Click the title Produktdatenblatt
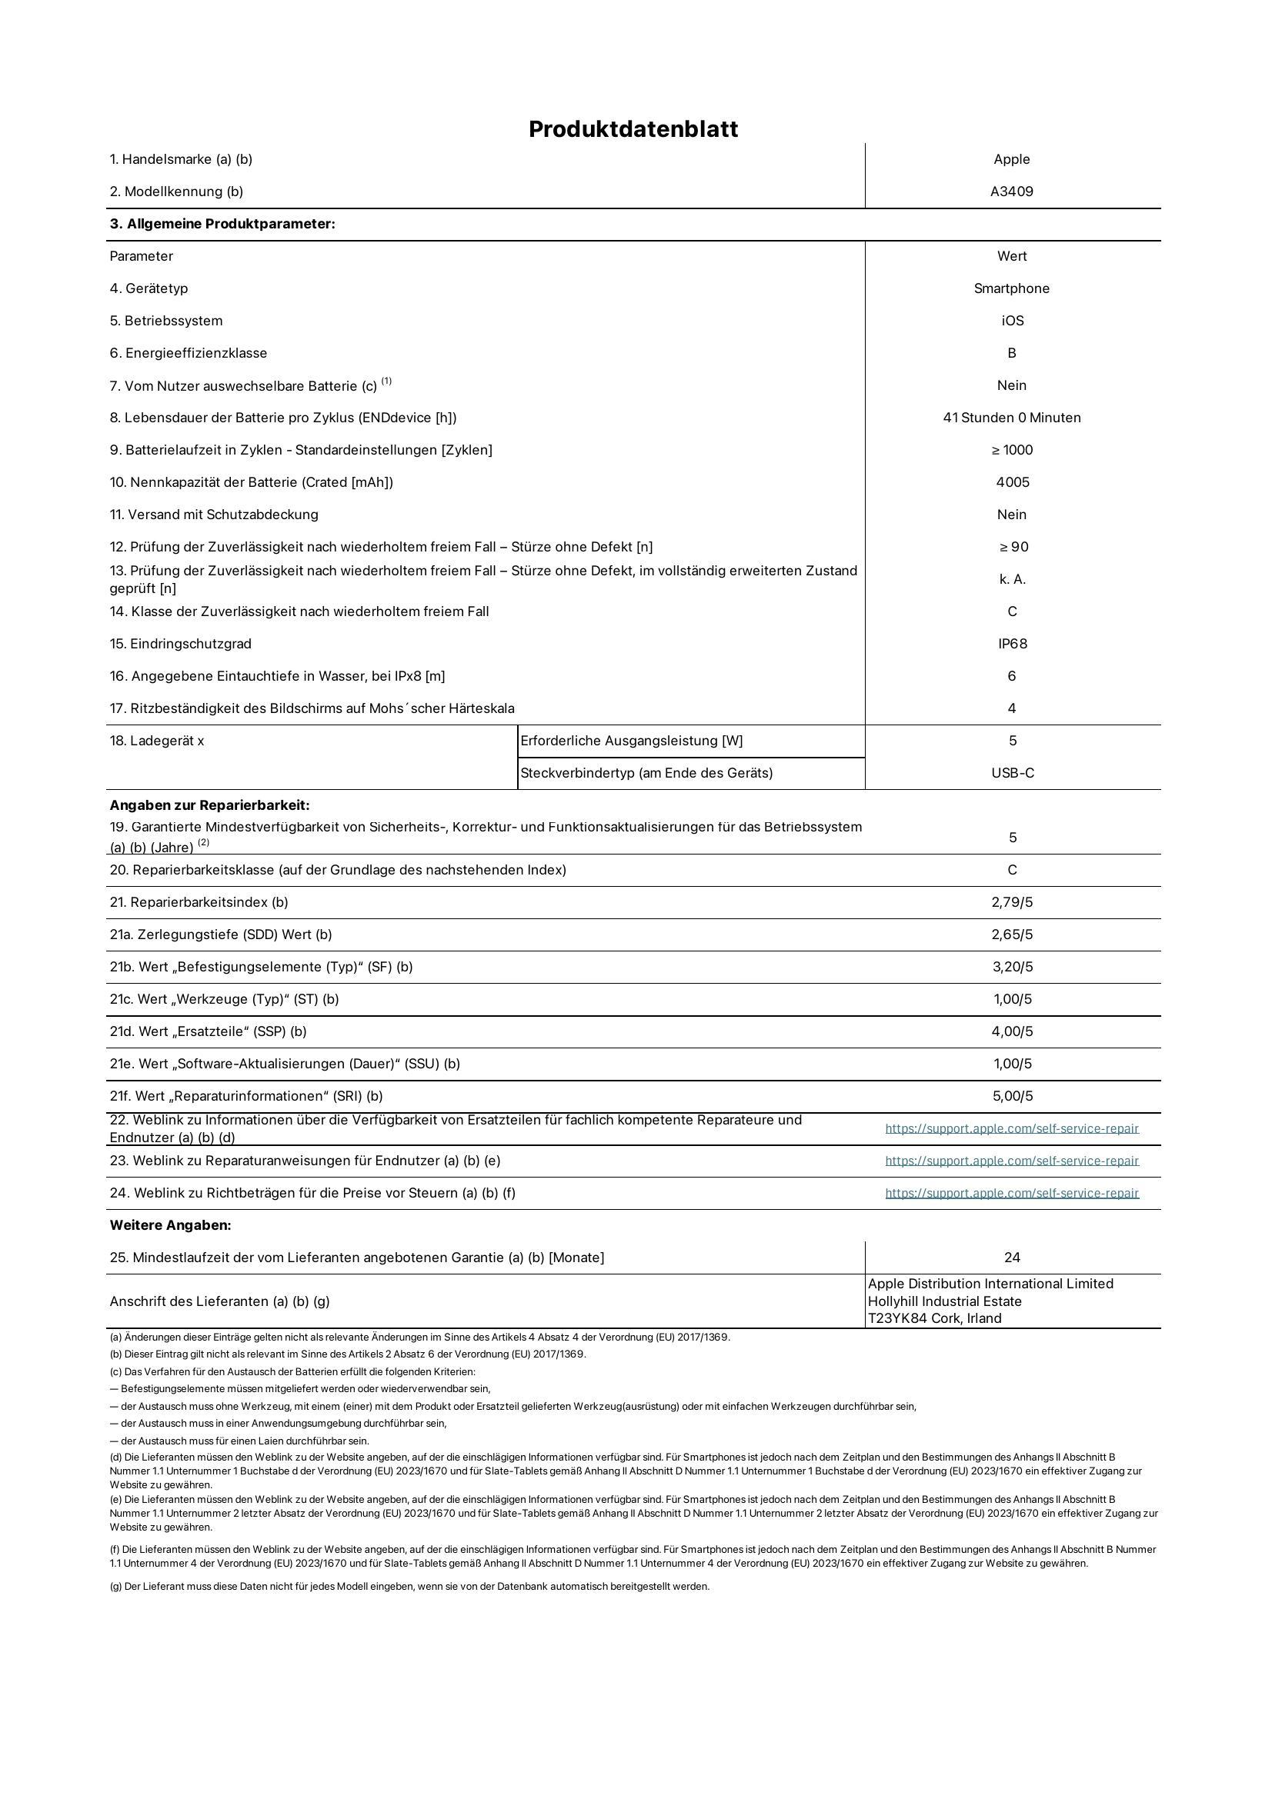click(x=633, y=129)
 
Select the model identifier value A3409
click(x=1012, y=192)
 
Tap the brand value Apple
click(x=1012, y=159)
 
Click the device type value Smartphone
click(x=1012, y=288)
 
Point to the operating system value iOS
click(x=1012, y=321)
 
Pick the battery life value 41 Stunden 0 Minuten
click(x=1012, y=418)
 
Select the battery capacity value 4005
click(x=1012, y=482)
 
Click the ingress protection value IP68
click(x=1012, y=643)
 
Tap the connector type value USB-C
click(x=1012, y=772)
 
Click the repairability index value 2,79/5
click(x=1012, y=902)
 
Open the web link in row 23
click(x=1012, y=1161)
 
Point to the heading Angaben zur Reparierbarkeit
click(x=209, y=805)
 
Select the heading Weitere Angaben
click(x=170, y=1224)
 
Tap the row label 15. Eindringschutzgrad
click(x=180, y=643)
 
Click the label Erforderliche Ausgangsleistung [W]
click(x=632, y=741)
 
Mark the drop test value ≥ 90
click(x=1012, y=547)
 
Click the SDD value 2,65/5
click(x=1012, y=934)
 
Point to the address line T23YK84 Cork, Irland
click(x=934, y=1318)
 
